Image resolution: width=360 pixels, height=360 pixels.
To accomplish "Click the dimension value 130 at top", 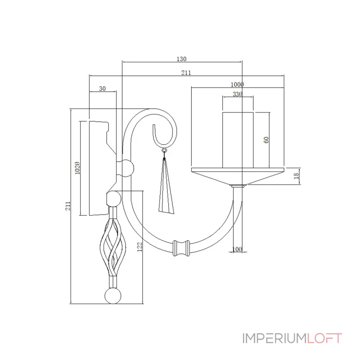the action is point(181,59).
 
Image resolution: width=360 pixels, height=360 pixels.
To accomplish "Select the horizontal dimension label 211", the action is point(186,72).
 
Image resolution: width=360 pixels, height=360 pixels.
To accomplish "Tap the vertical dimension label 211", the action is point(68,206).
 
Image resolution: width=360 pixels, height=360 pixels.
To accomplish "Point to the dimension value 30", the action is point(103,89).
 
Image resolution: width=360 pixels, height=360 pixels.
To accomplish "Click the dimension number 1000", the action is point(237,85).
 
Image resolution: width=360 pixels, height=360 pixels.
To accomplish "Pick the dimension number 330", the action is point(238,94).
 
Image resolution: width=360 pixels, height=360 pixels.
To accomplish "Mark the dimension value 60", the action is point(266,140).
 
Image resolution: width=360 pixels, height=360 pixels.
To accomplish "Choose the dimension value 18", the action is point(297,176).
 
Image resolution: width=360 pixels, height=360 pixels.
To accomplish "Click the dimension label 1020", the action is point(77,168).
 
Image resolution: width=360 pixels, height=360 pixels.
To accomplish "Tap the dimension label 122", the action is point(139,247).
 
